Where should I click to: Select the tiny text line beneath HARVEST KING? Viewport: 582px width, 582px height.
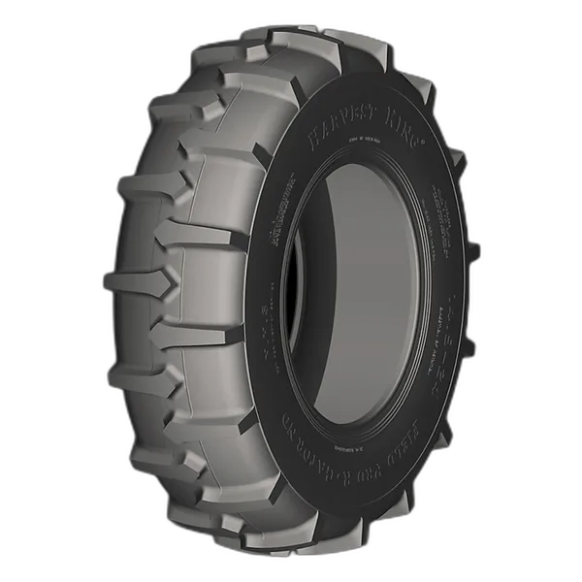click(x=366, y=146)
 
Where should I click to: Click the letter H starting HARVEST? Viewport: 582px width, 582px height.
click(x=314, y=138)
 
